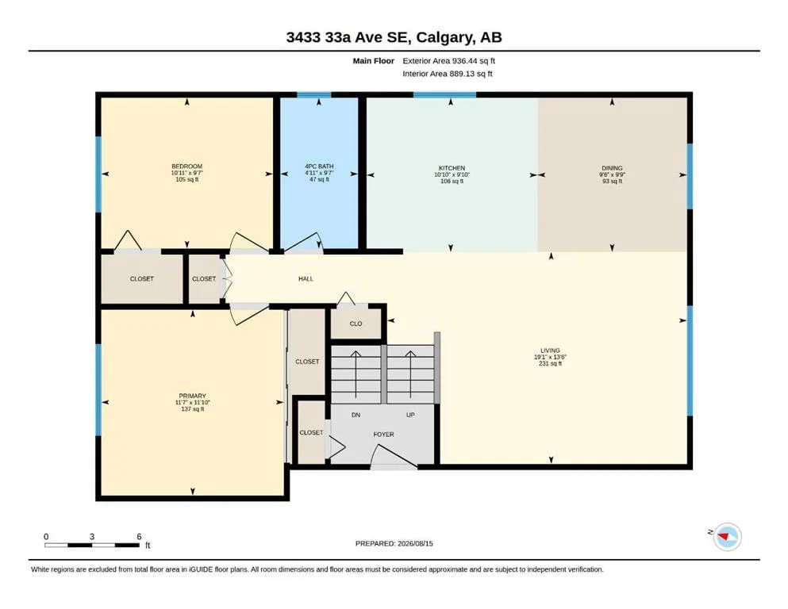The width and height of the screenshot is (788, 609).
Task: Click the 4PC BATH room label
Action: point(319,167)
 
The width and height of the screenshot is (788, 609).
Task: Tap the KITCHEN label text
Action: point(452,168)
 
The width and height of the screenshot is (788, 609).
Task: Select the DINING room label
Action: point(612,168)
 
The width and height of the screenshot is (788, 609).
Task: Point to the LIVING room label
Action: point(550,350)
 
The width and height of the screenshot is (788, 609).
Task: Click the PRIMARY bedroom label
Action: point(193,396)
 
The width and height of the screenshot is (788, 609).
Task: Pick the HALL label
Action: point(306,278)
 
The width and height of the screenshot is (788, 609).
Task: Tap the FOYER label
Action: point(383,435)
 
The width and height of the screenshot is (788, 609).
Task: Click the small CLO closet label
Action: point(356,324)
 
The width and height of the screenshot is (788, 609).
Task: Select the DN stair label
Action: point(356,415)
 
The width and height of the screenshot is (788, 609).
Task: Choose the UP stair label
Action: point(410,415)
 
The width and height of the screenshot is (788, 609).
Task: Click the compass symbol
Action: point(727,537)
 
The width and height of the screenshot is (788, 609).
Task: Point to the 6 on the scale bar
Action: point(139,536)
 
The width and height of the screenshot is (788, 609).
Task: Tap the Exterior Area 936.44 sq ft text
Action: point(449,61)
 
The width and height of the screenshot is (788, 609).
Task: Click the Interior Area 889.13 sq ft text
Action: point(448,74)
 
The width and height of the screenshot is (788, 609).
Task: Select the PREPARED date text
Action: point(394,543)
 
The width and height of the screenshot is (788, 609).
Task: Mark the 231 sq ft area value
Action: point(550,363)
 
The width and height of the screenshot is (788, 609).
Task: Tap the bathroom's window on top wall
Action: point(314,94)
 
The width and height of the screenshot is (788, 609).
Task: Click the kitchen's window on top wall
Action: point(444,94)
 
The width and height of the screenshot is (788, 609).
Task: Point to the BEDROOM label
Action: point(187,167)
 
